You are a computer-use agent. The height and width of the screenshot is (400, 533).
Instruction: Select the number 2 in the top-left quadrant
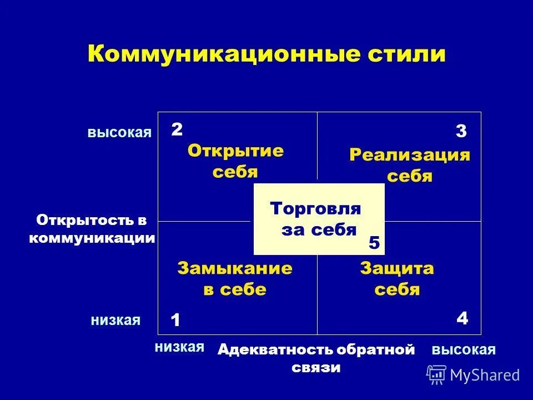[x=177, y=129]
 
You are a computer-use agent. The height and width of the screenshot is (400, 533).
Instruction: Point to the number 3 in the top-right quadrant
[x=461, y=132]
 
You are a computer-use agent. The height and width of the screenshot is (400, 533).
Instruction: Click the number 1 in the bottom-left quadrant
[x=175, y=321]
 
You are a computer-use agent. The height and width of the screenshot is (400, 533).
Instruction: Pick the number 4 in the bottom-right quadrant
[x=462, y=318]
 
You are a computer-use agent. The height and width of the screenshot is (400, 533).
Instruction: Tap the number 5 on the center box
[x=374, y=243]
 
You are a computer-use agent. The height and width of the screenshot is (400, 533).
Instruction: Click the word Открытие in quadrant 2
[x=235, y=151]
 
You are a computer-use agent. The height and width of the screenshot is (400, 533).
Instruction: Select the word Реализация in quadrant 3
[x=410, y=154]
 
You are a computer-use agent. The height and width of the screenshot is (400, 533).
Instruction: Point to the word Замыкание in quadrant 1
[x=235, y=268]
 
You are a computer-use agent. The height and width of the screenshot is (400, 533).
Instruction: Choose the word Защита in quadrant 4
[x=397, y=268]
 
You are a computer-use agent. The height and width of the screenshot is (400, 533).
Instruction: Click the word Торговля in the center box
[x=315, y=209]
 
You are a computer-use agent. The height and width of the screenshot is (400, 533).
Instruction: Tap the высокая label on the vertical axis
[x=119, y=132]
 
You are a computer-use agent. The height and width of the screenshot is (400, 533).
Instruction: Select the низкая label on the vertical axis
[x=115, y=320]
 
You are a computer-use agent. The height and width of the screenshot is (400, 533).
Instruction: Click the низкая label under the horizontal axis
[x=179, y=347]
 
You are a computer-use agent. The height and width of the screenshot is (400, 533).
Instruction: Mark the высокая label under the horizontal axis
[x=463, y=349]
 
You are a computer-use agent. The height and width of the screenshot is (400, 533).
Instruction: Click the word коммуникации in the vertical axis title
[x=92, y=238]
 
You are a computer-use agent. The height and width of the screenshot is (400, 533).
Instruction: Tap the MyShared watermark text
[x=485, y=375]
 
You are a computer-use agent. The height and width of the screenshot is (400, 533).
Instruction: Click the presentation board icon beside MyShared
[x=436, y=374]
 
